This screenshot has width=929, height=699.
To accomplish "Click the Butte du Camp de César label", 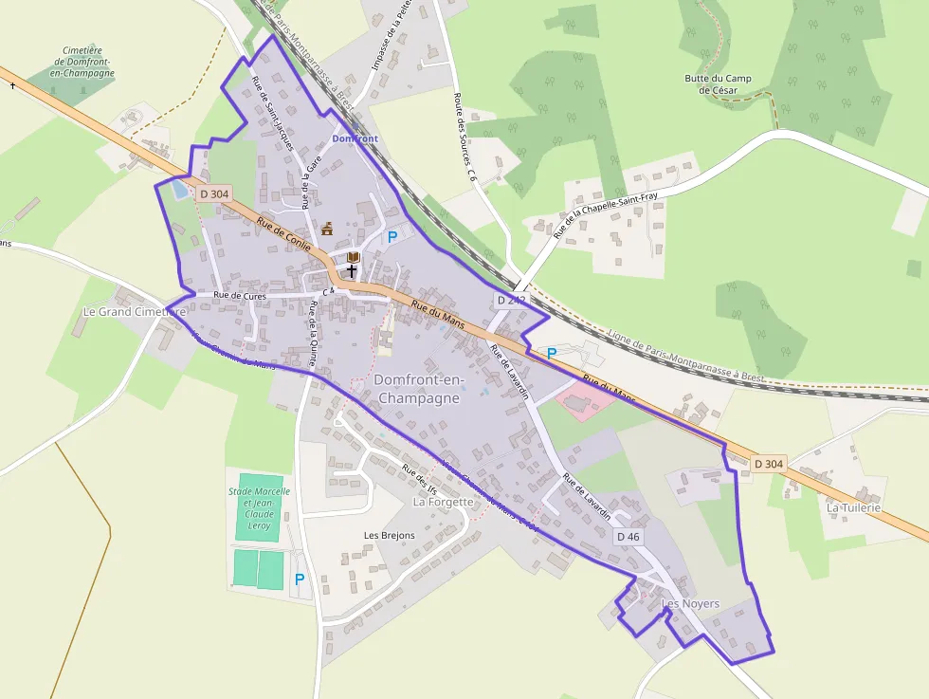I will point(718,84).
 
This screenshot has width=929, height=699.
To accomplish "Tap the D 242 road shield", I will point(510,300).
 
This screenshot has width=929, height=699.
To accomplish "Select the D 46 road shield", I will point(628,537).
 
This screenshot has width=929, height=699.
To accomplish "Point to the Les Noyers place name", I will point(690,604).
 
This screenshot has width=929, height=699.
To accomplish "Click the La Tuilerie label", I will point(853,507).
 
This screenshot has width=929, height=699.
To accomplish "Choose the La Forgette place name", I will point(443,502).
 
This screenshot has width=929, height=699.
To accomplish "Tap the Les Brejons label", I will point(390,536).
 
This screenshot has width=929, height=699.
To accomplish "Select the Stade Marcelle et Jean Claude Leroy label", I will point(259,508).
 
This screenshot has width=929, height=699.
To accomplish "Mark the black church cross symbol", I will point(352,270).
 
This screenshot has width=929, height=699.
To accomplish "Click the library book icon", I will point(354,257).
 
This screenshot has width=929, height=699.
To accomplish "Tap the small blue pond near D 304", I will point(178,189).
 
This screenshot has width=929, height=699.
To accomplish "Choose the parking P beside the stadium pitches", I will point(300,579).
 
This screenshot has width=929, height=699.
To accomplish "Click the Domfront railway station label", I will point(355,138).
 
